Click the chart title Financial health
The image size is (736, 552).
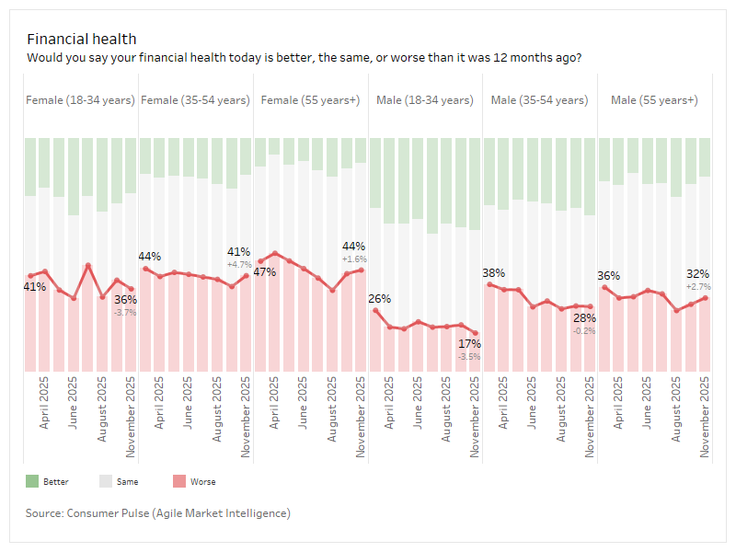pyautogui.click(x=81, y=39)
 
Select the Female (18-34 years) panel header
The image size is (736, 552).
pyautogui.click(x=80, y=99)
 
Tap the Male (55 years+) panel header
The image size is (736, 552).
pyautogui.click(x=654, y=99)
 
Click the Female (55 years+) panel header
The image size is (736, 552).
pyautogui.click(x=310, y=99)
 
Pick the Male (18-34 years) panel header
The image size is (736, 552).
pyautogui.click(x=424, y=99)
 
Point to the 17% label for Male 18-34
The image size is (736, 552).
pyautogui.click(x=469, y=343)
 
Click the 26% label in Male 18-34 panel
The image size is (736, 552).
pyautogui.click(x=379, y=298)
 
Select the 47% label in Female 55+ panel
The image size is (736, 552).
pyautogui.click(x=265, y=271)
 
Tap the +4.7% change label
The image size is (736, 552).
pyautogui.click(x=239, y=264)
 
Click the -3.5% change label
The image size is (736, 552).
pyautogui.click(x=469, y=356)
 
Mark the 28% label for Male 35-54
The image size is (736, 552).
pyautogui.click(x=584, y=317)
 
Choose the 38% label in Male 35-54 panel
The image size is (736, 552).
pyautogui.click(x=494, y=272)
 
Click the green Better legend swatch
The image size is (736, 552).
pyautogui.click(x=32, y=481)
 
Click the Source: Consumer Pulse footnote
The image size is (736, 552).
pyautogui.click(x=158, y=512)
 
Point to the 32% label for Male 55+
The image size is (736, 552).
pyautogui.click(x=698, y=273)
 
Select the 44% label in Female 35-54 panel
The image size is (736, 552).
pyautogui.click(x=150, y=256)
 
